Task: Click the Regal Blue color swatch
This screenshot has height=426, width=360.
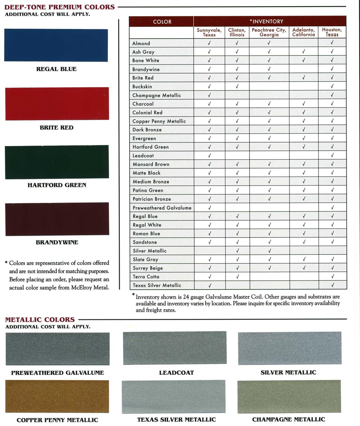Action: pyautogui.click(x=56, y=45)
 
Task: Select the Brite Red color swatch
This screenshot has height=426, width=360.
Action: pyautogui.click(x=57, y=103)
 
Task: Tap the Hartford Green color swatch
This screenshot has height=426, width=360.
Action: pyautogui.click(x=57, y=162)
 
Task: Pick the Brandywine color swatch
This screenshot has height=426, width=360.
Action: pyautogui.click(x=57, y=219)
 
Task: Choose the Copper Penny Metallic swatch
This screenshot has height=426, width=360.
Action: pyautogui.click(x=57, y=396)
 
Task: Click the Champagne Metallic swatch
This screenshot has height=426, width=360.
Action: pyautogui.click(x=289, y=396)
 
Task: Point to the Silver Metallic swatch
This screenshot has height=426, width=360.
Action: pyautogui.click(x=289, y=348)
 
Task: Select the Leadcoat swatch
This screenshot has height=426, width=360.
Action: pyautogui.click(x=175, y=348)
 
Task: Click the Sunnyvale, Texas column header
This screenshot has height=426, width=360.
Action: pyautogui.click(x=209, y=32)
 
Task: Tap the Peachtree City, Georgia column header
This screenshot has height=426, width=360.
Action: pyautogui.click(x=269, y=32)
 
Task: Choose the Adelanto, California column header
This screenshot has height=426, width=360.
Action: pyautogui.click(x=303, y=32)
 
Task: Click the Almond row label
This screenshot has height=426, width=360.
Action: pyautogui.click(x=141, y=43)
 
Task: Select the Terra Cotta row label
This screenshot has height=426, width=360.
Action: pyautogui.click(x=146, y=277)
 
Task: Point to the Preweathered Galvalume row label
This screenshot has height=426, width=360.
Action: pyautogui.click(x=162, y=208)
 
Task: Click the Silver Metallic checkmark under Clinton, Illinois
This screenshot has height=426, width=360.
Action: pyautogui.click(x=237, y=251)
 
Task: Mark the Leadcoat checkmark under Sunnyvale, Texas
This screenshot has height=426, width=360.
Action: pyautogui.click(x=209, y=156)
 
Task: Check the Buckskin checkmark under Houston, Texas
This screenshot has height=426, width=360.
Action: pyautogui.click(x=332, y=86)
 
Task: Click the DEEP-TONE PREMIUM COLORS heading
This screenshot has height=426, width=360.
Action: pyautogui.click(x=60, y=7)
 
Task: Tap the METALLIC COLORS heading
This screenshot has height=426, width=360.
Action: pyautogui.click(x=40, y=320)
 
